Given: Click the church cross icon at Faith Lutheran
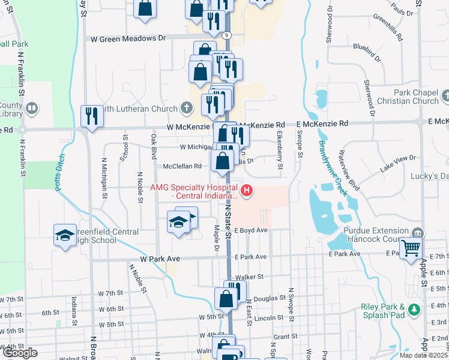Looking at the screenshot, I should click(187, 108).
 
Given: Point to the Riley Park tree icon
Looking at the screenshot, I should click(413, 310).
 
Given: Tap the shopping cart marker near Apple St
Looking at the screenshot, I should click(411, 247).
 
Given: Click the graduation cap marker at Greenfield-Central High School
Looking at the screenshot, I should click(65, 235).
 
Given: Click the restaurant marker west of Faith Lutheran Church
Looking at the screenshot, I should click(92, 115).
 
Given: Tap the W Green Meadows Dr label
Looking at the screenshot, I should click(128, 38).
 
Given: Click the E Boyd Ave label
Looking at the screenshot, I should click(250, 230).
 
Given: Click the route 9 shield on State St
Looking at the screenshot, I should click(226, 35).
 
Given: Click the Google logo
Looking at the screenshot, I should click(19, 353).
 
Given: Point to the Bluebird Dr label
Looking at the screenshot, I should click(367, 52).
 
